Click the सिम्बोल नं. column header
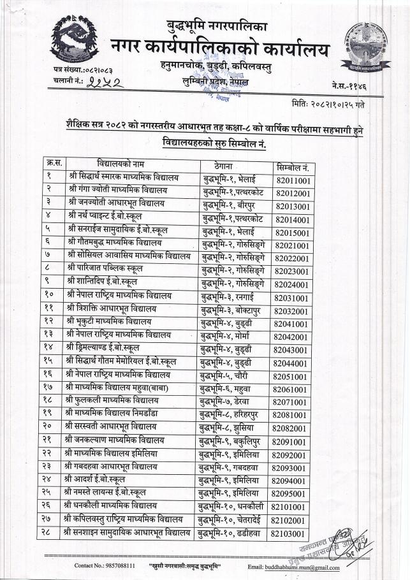(x=293, y=167)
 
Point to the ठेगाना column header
(x=227, y=164)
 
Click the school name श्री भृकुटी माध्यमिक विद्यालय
(x=108, y=322)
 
